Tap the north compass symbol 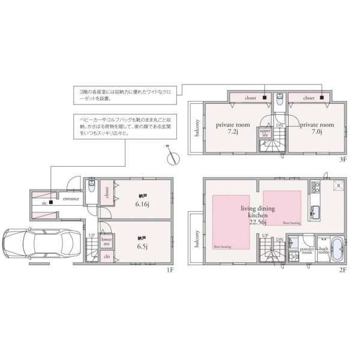(173, 157)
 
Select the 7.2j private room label (228, 128)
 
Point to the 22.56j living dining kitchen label (257, 213)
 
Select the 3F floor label (343, 160)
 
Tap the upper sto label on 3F (265, 133)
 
